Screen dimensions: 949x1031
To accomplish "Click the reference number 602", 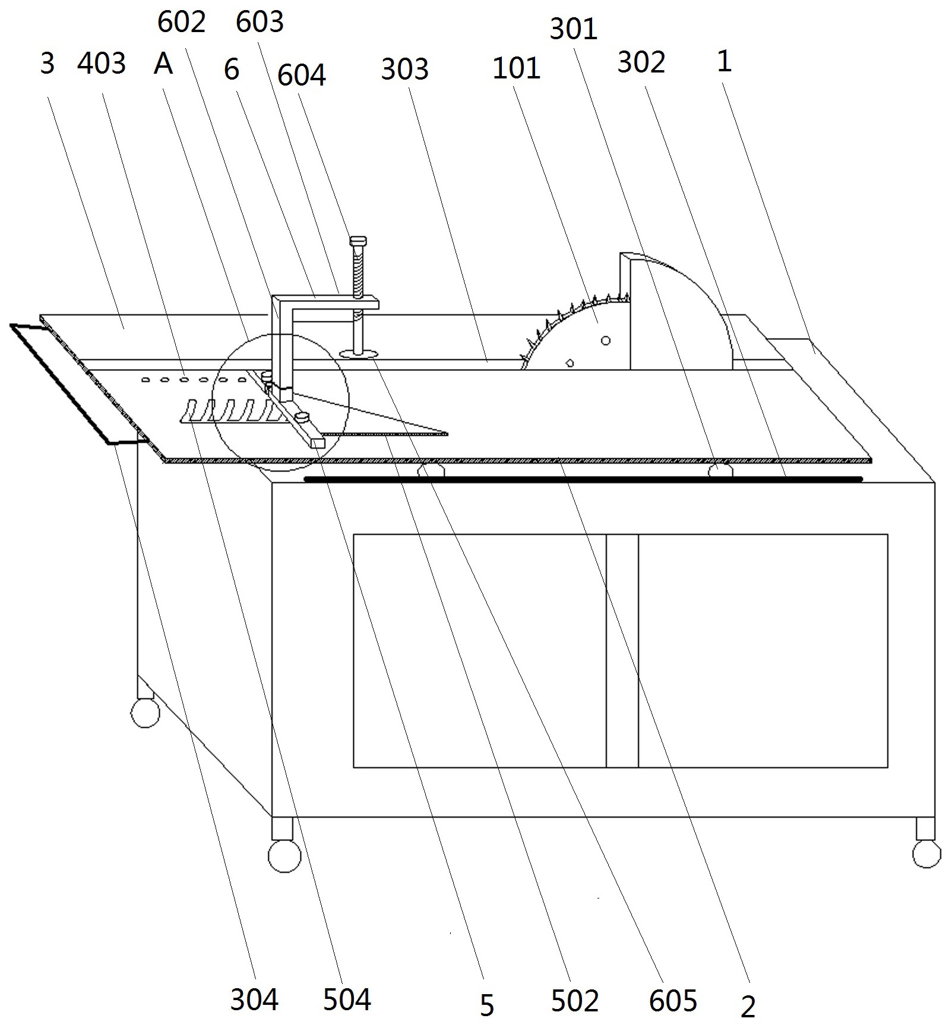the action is point(182,23).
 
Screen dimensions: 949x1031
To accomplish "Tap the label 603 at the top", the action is point(260,23).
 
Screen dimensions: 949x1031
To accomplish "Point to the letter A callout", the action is point(163,63).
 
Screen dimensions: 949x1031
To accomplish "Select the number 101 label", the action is point(516,68).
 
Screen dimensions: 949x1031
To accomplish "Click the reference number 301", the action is point(573,29).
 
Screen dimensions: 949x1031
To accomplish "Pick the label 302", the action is point(641,62).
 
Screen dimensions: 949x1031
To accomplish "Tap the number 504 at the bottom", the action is point(347,1000).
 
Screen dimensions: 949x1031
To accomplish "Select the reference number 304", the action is point(254,1000).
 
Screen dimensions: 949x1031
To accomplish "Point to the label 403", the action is point(102,63).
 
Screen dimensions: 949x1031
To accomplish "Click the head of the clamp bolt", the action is point(358,241).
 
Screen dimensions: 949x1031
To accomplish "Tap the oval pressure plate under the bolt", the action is point(359,354).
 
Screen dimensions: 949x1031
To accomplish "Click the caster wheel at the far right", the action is point(926,853).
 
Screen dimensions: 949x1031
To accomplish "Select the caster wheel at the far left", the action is point(145,712).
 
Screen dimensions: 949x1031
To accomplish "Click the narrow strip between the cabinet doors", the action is point(622,651).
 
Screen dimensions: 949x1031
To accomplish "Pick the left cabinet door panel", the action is point(480,651).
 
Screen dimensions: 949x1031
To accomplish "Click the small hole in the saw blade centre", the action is point(605,340).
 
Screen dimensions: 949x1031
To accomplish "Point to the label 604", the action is point(302,75).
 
